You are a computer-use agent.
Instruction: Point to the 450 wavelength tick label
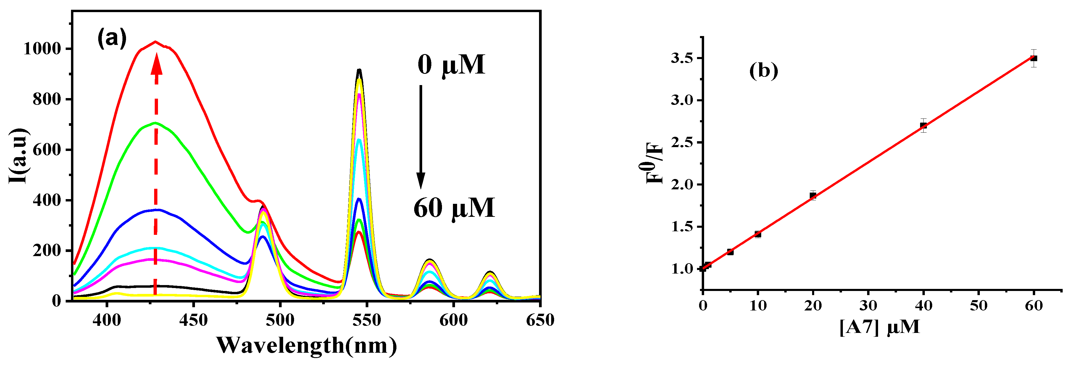tap(193, 320)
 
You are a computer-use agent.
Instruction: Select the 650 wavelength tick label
tap(540, 320)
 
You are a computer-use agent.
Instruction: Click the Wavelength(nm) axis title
tap(306, 345)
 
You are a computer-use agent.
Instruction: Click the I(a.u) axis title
tap(19, 156)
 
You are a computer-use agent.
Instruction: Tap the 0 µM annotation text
tap(451, 65)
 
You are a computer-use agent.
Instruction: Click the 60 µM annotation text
tap(454, 208)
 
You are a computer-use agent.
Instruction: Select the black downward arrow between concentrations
tap(420, 137)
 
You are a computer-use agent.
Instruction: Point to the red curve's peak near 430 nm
tap(156, 42)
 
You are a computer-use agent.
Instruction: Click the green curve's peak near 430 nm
tap(156, 123)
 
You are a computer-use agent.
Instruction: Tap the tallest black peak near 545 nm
tap(359, 70)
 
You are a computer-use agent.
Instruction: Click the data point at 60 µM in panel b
tap(1034, 58)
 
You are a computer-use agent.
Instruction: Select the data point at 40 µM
tap(923, 126)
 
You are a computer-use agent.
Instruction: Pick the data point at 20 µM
tap(813, 196)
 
